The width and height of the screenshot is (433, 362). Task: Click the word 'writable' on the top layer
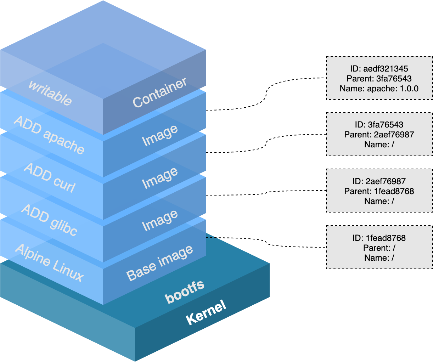pos(50,93)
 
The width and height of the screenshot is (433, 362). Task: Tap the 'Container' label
pos(160,92)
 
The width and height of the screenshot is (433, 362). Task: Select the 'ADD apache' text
pos(49,135)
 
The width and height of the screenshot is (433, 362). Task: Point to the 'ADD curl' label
pos(50,178)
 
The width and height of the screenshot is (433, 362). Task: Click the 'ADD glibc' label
pos(49,220)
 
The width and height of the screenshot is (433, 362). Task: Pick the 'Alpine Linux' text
pos(49,262)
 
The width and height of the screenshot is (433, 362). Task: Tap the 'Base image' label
pos(160,263)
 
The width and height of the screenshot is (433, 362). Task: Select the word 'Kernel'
pos(206,312)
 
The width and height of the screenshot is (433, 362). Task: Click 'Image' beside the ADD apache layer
pos(160,136)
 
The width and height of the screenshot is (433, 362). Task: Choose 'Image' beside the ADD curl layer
pos(160,178)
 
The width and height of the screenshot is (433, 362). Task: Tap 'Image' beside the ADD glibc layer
pos(160,220)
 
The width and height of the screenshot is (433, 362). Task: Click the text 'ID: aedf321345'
pos(379,69)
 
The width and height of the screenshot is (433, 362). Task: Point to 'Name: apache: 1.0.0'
pos(379,89)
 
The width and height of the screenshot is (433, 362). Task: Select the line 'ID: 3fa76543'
pos(379,125)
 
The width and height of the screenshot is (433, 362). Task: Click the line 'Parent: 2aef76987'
pos(379,135)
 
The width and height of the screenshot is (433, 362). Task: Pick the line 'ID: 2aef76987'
pos(379,181)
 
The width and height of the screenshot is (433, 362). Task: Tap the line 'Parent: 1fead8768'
pos(379,191)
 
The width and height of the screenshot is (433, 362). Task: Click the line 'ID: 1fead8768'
pos(379,238)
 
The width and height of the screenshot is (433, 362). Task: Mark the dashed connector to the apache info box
pos(266,94)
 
